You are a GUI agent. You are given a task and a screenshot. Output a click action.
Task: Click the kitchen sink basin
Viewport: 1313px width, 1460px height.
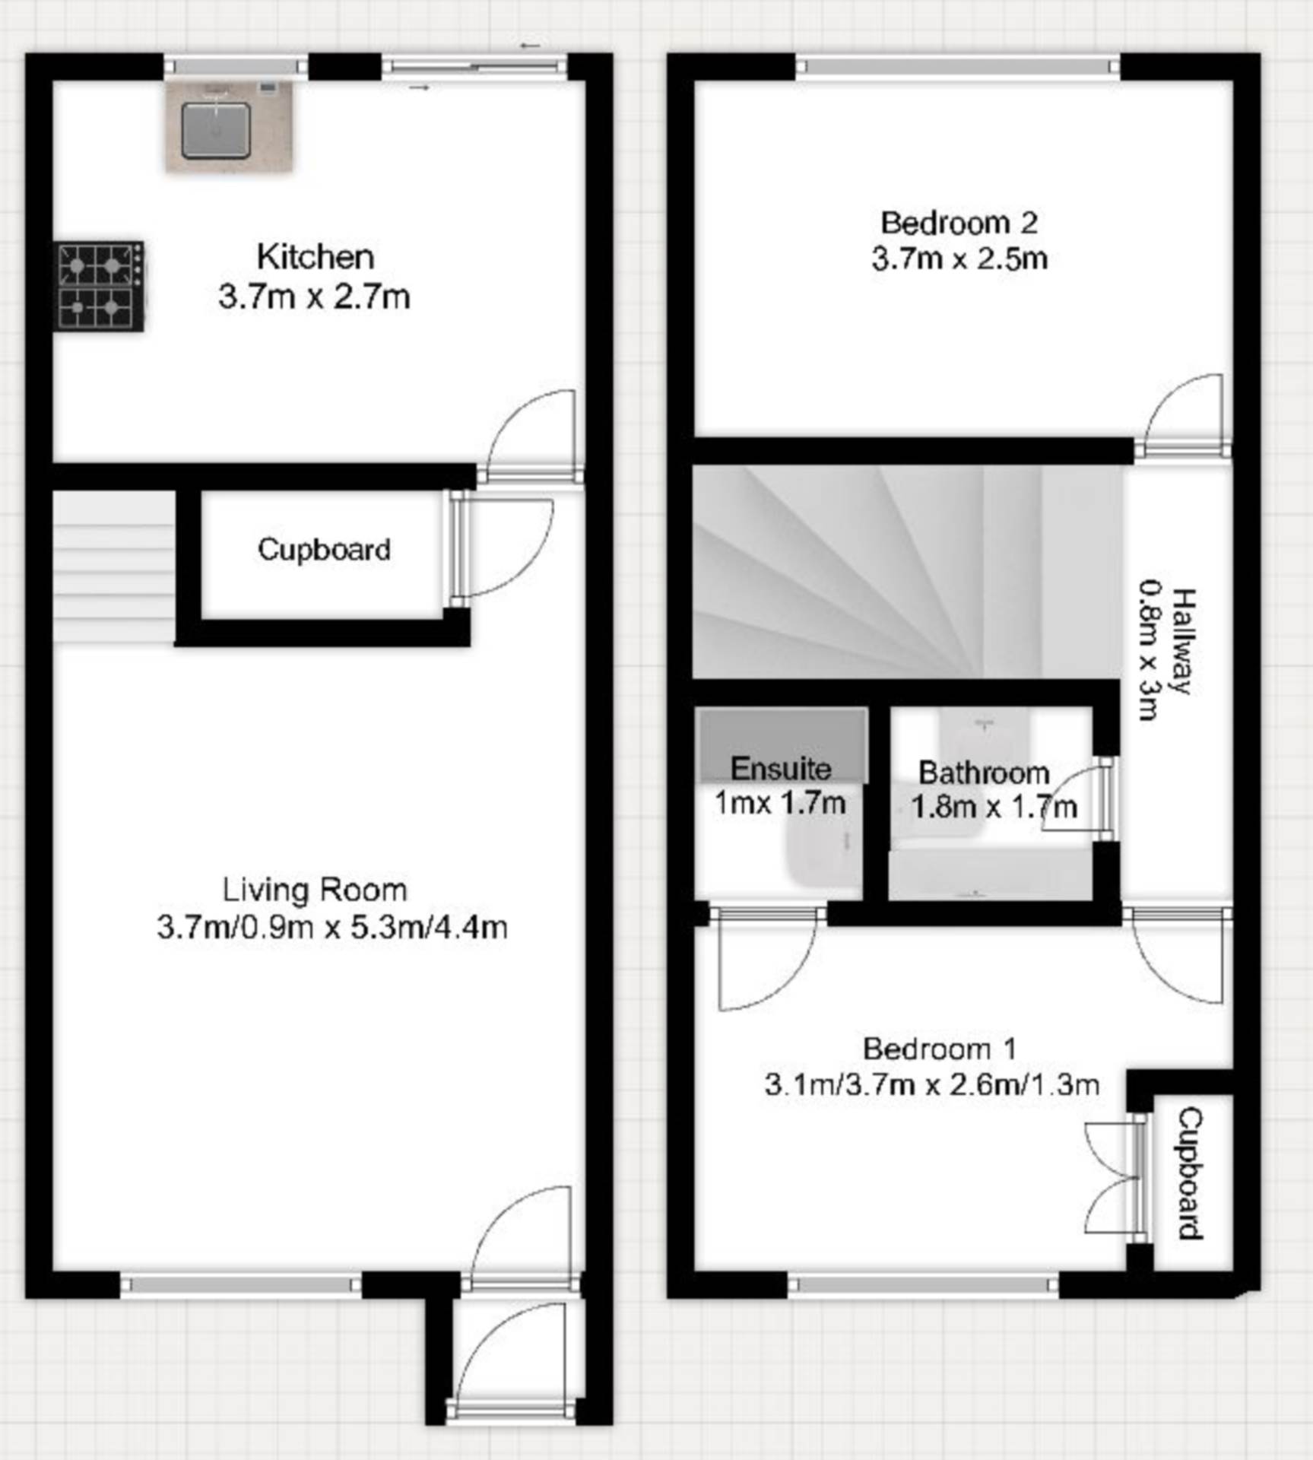[216, 130]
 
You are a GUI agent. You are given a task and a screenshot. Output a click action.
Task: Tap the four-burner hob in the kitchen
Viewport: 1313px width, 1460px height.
[100, 286]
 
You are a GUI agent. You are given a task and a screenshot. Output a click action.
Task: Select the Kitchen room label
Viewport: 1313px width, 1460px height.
[315, 257]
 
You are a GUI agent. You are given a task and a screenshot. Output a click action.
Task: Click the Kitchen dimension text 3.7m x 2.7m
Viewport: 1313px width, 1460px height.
[314, 297]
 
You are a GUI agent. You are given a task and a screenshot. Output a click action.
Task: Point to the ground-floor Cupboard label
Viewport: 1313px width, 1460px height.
[324, 549]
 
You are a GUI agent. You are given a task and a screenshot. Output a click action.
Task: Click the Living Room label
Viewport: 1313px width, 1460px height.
[315, 890]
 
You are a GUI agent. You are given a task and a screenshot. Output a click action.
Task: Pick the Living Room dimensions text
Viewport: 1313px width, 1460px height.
[332, 927]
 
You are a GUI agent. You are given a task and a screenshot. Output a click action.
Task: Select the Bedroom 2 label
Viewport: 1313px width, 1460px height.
[959, 223]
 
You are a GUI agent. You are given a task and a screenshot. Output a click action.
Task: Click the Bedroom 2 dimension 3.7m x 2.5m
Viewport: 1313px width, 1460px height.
[959, 259]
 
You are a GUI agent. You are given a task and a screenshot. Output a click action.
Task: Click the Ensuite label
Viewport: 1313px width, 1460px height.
[781, 769]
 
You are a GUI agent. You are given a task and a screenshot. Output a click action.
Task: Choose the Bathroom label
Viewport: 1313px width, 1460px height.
[985, 773]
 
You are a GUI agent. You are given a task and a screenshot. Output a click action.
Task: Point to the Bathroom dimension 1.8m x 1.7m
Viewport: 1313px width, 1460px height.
[994, 807]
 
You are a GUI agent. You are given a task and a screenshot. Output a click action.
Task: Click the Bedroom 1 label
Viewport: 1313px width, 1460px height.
[940, 1049]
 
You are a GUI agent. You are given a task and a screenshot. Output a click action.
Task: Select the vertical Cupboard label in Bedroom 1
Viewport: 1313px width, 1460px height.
[1191, 1174]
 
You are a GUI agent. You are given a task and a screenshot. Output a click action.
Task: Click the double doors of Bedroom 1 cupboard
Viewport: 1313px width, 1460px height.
[1110, 1178]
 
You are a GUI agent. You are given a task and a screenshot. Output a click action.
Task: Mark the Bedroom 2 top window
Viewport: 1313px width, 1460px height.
[958, 68]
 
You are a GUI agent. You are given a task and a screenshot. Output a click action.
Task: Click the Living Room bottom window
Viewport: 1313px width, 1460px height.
[240, 1285]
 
